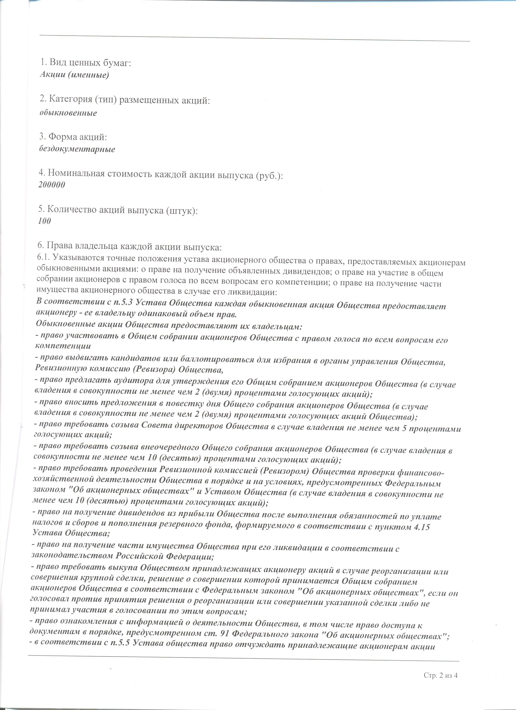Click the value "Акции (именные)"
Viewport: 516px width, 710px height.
74,75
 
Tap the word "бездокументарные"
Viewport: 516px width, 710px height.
77,149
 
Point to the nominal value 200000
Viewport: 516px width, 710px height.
52,185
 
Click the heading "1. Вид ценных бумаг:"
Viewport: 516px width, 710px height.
85,63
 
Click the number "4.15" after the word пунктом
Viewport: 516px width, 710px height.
422,527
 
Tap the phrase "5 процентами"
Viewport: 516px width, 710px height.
432,429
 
